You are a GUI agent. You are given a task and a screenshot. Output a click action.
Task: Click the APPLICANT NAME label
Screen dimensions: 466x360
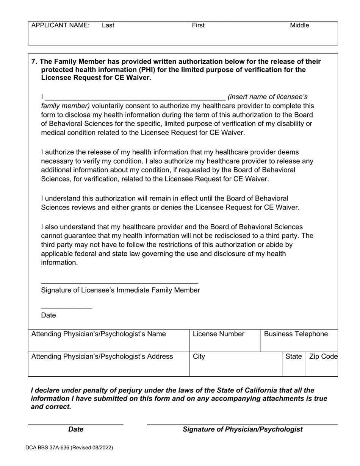[x=60, y=25]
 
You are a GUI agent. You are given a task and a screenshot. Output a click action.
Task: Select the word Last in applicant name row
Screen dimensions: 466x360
[x=108, y=25]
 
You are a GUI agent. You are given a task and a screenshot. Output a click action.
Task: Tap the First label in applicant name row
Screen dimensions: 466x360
[x=198, y=25]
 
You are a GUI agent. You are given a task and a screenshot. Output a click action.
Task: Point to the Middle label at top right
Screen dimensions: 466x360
[x=299, y=25]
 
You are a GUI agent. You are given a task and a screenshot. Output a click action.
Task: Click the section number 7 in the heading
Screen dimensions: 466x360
[x=34, y=61]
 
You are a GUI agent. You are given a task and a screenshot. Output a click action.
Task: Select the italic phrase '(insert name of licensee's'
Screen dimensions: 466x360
[x=268, y=97]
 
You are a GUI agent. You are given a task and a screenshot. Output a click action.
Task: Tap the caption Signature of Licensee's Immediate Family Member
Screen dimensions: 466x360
[x=120, y=290]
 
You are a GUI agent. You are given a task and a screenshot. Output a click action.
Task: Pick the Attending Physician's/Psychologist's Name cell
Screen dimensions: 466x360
[x=109, y=340]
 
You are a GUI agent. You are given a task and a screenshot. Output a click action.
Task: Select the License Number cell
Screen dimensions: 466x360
[x=225, y=340]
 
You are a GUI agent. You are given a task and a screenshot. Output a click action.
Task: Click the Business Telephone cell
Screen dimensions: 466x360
[x=299, y=340]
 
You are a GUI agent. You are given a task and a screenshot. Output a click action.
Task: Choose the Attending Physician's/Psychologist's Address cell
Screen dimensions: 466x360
[x=109, y=364]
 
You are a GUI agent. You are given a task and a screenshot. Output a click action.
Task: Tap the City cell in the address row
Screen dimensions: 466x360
[x=236, y=364]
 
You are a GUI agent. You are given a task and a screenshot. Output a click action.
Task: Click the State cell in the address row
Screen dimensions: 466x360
[x=294, y=364]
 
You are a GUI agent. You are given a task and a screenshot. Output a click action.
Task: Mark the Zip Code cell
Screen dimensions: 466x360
[x=322, y=364]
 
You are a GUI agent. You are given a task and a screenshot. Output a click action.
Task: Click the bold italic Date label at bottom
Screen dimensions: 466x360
[x=76, y=429]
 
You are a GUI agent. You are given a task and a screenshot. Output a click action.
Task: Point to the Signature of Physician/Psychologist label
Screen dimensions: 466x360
[x=243, y=429]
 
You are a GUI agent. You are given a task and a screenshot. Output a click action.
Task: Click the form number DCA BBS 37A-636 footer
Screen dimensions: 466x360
[x=69, y=447]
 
